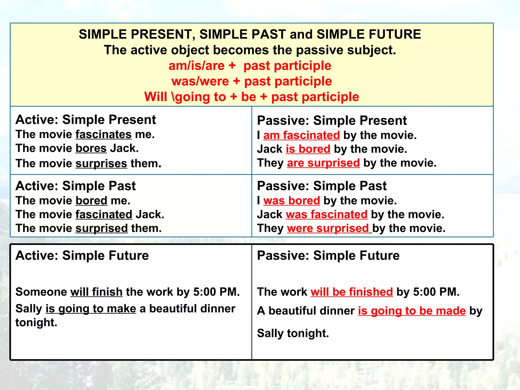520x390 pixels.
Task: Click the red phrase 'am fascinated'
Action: [x=301, y=135]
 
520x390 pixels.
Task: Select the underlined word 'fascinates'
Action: [x=104, y=134]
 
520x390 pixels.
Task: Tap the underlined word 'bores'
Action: [x=91, y=148]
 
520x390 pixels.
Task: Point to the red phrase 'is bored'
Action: [x=308, y=149]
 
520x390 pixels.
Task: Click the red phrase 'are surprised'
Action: [x=323, y=163]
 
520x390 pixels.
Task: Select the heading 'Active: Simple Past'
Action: [x=75, y=186]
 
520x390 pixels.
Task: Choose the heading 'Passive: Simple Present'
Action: [x=332, y=120]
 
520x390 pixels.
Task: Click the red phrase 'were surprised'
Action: [x=328, y=228]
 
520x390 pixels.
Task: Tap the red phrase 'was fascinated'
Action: [x=327, y=215]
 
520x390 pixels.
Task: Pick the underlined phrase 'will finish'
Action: [x=96, y=292]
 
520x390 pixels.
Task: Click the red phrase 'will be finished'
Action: [x=352, y=292]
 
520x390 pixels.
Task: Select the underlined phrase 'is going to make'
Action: [x=91, y=309]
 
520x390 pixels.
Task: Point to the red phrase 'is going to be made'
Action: [x=412, y=311]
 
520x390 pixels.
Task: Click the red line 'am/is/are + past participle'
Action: [x=250, y=66]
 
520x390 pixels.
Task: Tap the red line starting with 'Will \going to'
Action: [x=251, y=97]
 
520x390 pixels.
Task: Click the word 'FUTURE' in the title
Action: [x=395, y=34]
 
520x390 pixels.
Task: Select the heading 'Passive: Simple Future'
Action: [x=328, y=255]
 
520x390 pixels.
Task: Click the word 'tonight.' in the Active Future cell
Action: [x=36, y=323]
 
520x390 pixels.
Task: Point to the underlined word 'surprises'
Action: [x=101, y=164]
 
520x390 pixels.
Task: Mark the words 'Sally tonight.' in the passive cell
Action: [x=293, y=333]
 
